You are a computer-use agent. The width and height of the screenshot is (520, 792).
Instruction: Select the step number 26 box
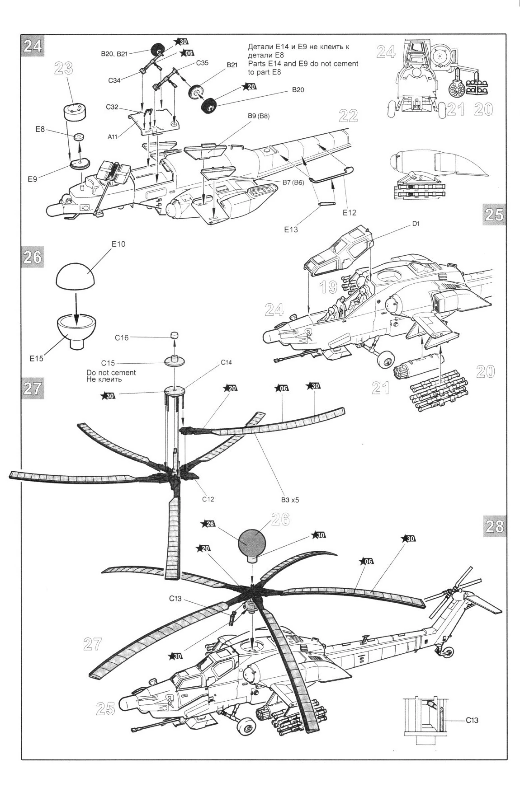pos(33,258)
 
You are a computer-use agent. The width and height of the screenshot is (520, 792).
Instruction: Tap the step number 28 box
pos(494,526)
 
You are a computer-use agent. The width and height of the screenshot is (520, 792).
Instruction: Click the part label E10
pos(118,244)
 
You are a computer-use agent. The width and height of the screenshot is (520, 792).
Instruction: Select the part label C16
pos(122,337)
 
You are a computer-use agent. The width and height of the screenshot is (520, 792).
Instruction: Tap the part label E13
pos(292,230)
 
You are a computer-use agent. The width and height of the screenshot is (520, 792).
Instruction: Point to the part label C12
pos(208,499)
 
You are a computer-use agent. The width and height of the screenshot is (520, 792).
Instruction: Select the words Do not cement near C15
pos(111,373)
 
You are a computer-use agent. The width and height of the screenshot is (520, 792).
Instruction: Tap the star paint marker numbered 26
pos(209,524)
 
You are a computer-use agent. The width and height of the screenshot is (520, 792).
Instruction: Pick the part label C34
pos(115,81)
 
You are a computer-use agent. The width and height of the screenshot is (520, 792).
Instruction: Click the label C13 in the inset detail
pos(472,721)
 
